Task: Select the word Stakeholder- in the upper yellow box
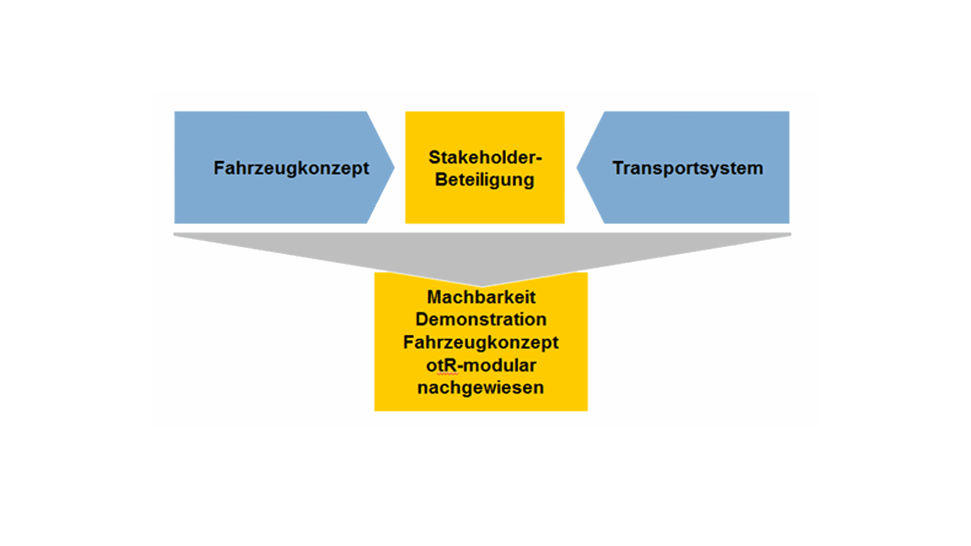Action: coord(485,157)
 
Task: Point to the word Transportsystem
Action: coord(688,168)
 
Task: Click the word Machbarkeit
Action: coord(481,297)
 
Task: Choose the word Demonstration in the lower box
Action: coord(481,320)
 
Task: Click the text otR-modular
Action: coord(481,366)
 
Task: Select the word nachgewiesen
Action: coord(480,388)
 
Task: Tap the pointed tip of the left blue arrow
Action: coord(394,167)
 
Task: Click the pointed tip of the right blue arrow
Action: coord(577,167)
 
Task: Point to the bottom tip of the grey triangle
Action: coord(481,287)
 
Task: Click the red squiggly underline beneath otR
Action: coord(448,375)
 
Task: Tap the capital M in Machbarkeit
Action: coord(434,297)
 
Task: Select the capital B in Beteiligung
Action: coord(441,179)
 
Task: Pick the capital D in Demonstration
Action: coord(422,320)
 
